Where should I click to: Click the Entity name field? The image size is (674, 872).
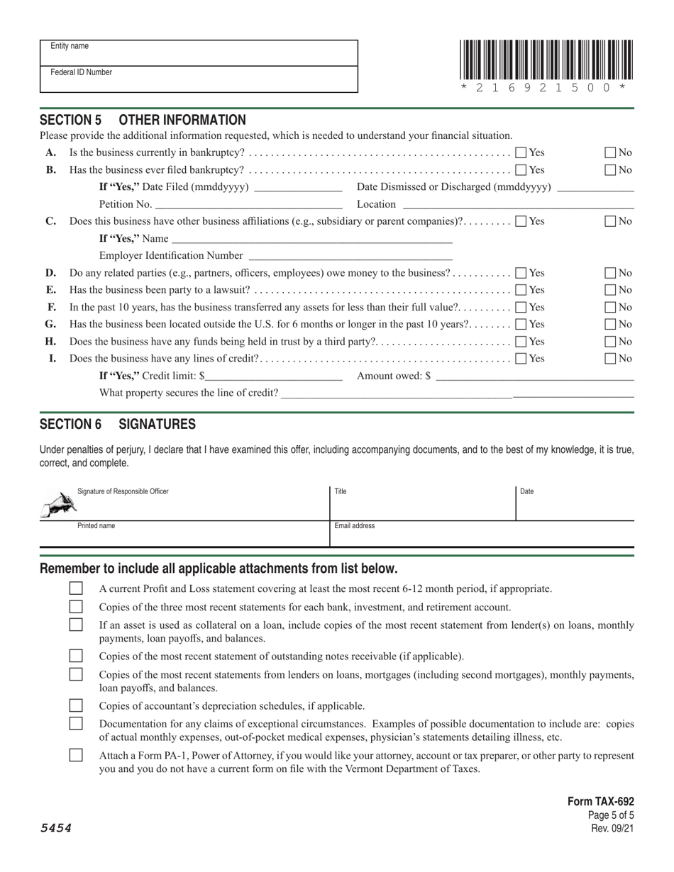(x=199, y=53)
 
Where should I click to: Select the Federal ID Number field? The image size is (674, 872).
(x=199, y=79)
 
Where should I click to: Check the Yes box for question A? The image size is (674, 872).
(x=521, y=152)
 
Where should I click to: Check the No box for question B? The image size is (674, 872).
(x=610, y=170)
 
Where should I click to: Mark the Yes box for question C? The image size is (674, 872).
(x=521, y=221)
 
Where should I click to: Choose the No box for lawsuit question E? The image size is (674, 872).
(x=610, y=290)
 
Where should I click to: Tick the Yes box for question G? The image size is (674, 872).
(x=521, y=324)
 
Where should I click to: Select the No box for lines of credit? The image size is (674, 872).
(x=610, y=359)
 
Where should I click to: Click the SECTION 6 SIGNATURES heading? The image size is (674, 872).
(x=118, y=425)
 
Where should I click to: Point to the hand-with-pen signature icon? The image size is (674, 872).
(x=59, y=505)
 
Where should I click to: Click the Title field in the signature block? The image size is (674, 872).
(x=422, y=503)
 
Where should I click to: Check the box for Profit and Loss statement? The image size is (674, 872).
(x=76, y=588)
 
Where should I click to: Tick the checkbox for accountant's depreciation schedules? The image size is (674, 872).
(x=76, y=706)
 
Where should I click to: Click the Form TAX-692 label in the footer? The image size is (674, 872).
(x=600, y=802)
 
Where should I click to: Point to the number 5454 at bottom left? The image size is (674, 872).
(x=55, y=828)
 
